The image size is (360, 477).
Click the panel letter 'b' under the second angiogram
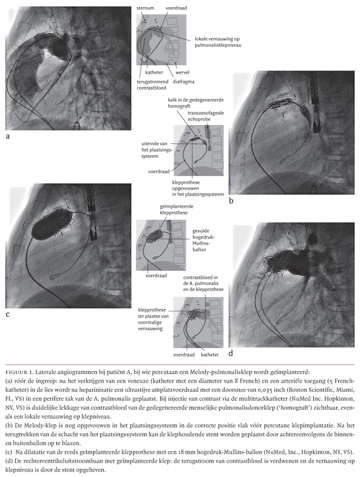coord(231,201)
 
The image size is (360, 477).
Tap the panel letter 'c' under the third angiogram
coord(8,314)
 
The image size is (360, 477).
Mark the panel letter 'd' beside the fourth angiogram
coord(231,353)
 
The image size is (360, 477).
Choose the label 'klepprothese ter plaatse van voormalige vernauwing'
coord(154,320)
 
